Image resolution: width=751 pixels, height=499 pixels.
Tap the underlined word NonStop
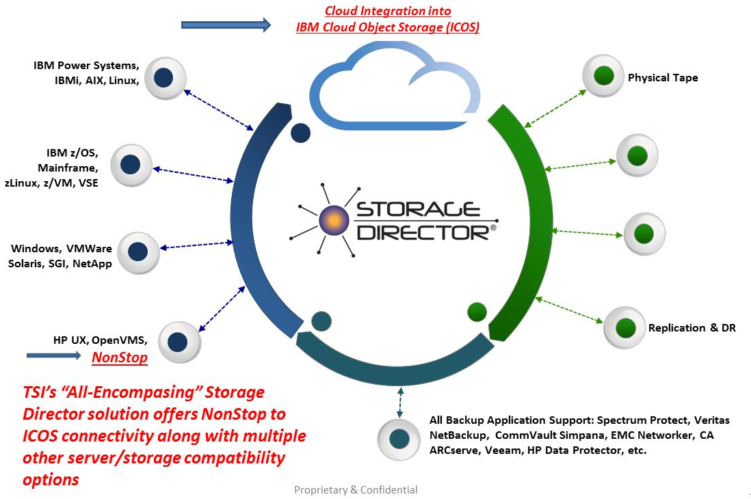pyautogui.click(x=120, y=358)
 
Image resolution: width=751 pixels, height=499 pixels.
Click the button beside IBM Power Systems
pyautogui.click(x=166, y=78)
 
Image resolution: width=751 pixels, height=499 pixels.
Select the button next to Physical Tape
pyautogui.click(x=603, y=76)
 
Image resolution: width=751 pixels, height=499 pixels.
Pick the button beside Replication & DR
pyautogui.click(x=624, y=327)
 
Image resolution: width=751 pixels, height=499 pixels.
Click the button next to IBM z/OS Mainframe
pyautogui.click(x=131, y=165)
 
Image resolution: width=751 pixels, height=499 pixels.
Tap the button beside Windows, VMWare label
pyautogui.click(x=138, y=252)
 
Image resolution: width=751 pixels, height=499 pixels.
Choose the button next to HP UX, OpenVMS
pyautogui.click(x=179, y=342)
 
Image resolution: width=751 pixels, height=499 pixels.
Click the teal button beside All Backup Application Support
pyautogui.click(x=399, y=439)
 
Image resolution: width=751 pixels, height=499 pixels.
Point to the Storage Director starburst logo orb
pyautogui.click(x=333, y=220)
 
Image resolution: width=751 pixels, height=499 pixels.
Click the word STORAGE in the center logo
pyautogui.click(x=418, y=209)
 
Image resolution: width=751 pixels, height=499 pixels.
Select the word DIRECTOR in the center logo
pyautogui.click(x=423, y=232)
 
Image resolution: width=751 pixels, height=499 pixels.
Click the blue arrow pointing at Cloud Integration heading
pyautogui.click(x=226, y=25)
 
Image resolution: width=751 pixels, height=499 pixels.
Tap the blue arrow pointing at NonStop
pyautogui.click(x=53, y=355)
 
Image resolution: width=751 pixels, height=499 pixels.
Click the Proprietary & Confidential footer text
pyautogui.click(x=356, y=490)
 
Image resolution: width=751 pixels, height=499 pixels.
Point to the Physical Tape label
pyautogui.click(x=663, y=77)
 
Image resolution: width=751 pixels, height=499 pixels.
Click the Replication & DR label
pyautogui.click(x=692, y=327)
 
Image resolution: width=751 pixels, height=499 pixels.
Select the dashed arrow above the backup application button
pyautogui.click(x=400, y=402)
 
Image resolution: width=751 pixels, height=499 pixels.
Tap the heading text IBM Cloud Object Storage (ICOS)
pyautogui.click(x=388, y=27)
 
